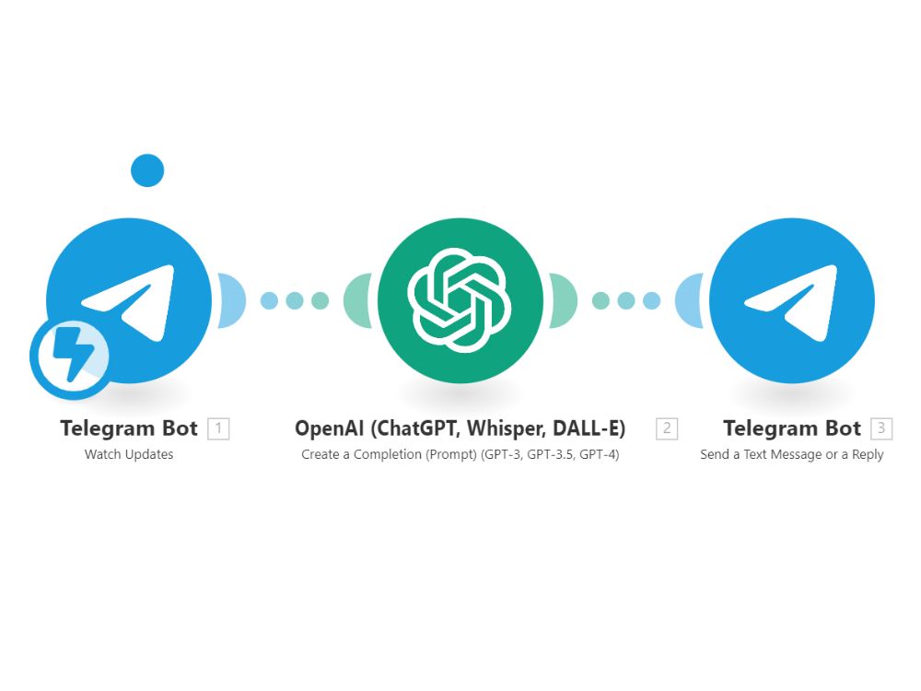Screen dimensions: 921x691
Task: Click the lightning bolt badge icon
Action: click(71, 357)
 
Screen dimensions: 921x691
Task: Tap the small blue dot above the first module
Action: click(147, 170)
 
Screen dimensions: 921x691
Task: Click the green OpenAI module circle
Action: click(460, 300)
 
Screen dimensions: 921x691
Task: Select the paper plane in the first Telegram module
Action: click(129, 302)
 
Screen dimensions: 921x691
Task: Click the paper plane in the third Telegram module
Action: click(790, 302)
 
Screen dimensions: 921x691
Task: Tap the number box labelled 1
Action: click(218, 428)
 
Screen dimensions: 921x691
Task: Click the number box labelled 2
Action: click(667, 428)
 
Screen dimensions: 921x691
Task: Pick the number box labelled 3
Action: click(881, 428)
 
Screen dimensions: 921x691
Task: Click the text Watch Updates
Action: click(129, 454)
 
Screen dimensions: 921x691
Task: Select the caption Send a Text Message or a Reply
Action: click(792, 454)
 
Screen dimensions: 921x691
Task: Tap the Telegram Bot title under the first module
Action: click(129, 428)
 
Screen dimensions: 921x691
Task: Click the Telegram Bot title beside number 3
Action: click(792, 428)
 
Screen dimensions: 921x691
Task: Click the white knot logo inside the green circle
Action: click(460, 300)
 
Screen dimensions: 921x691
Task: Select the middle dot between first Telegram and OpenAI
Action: click(295, 301)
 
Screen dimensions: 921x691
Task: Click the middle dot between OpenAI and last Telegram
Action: click(626, 301)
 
